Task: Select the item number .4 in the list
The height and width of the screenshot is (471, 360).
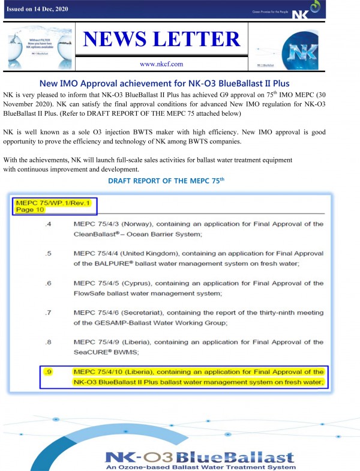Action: pyautogui.click(x=49, y=241)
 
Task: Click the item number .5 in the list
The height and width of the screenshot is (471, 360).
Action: pyautogui.click(x=49, y=270)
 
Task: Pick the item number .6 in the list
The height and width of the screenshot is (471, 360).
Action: pyautogui.click(x=49, y=299)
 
